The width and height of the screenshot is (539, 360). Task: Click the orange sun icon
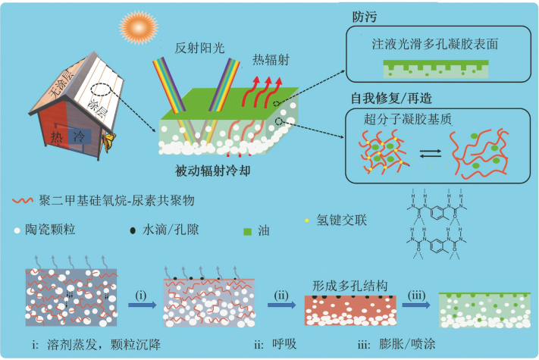point(136,30)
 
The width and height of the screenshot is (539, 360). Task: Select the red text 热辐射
point(271,58)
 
